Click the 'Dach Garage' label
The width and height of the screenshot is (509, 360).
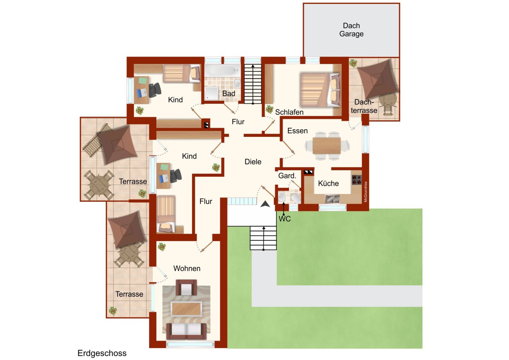pyautogui.click(x=351, y=30)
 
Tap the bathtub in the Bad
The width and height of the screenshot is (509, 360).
pyautogui.click(x=222, y=70)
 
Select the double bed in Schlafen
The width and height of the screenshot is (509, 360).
pyautogui.click(x=320, y=90)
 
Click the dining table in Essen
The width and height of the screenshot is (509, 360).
pyautogui.click(x=326, y=146)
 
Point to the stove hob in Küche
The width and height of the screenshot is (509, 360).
pyautogui.click(x=357, y=179)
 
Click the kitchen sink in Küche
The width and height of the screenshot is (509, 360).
pyautogui.click(x=332, y=199)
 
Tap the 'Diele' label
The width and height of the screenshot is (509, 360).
pyautogui.click(x=253, y=162)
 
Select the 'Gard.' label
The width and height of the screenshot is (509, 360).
pyautogui.click(x=287, y=176)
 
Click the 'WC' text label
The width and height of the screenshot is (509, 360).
pyautogui.click(x=285, y=219)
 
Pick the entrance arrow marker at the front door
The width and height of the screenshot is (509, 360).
pyautogui.click(x=265, y=204)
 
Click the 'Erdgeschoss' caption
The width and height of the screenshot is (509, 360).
pyautogui.click(x=102, y=353)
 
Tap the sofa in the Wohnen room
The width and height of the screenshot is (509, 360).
pyautogui.click(x=187, y=331)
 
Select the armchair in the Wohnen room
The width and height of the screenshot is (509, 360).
pyautogui.click(x=187, y=288)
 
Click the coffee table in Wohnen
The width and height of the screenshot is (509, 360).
pyautogui.click(x=187, y=309)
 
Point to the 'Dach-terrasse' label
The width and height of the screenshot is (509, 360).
pyautogui.click(x=364, y=106)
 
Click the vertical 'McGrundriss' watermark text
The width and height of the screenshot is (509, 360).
pyautogui.click(x=365, y=192)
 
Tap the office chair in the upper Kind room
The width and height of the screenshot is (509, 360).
pyautogui.click(x=155, y=90)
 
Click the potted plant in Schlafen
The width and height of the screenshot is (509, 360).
pyautogui.click(x=270, y=109)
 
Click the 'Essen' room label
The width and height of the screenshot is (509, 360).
pyautogui.click(x=297, y=131)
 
